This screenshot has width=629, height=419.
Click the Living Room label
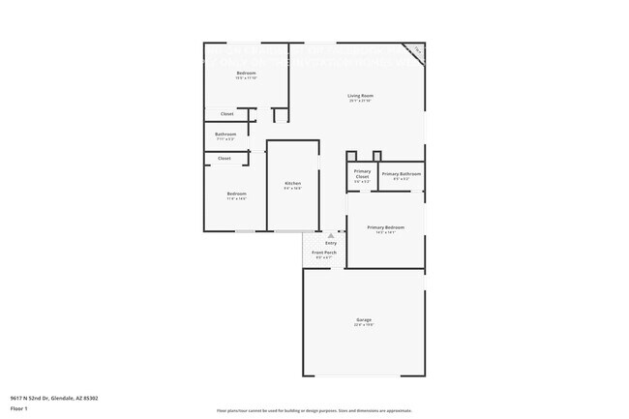361,95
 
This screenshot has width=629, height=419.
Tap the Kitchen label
292,183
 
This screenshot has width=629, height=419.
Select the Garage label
364,319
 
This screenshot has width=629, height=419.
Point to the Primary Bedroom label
385,227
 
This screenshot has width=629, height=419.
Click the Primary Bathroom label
401,173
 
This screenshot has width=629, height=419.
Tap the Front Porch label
323,253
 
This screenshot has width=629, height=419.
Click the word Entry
331,243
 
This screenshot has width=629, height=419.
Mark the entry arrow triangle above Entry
331,234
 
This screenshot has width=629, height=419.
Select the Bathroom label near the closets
225,134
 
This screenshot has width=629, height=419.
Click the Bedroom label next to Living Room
247,73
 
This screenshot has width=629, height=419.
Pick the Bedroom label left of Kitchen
236,194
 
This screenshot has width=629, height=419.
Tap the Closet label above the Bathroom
227,113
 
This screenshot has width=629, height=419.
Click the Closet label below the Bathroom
224,158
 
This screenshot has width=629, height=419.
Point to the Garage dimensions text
364,325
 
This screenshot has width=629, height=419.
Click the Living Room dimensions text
361,101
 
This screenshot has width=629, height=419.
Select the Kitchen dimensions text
292,189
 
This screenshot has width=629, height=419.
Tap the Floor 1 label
19,407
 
